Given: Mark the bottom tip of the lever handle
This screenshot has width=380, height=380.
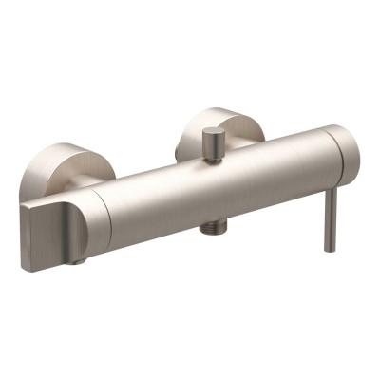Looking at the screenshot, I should [x=330, y=249].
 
